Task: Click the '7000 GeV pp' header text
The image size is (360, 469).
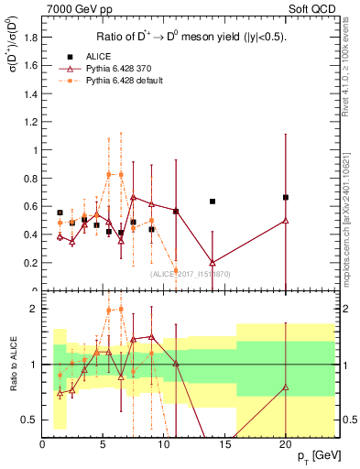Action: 73,8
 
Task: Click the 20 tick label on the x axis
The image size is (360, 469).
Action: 286,445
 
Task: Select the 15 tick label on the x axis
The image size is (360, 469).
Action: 225,445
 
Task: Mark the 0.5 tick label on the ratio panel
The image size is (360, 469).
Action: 30,420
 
